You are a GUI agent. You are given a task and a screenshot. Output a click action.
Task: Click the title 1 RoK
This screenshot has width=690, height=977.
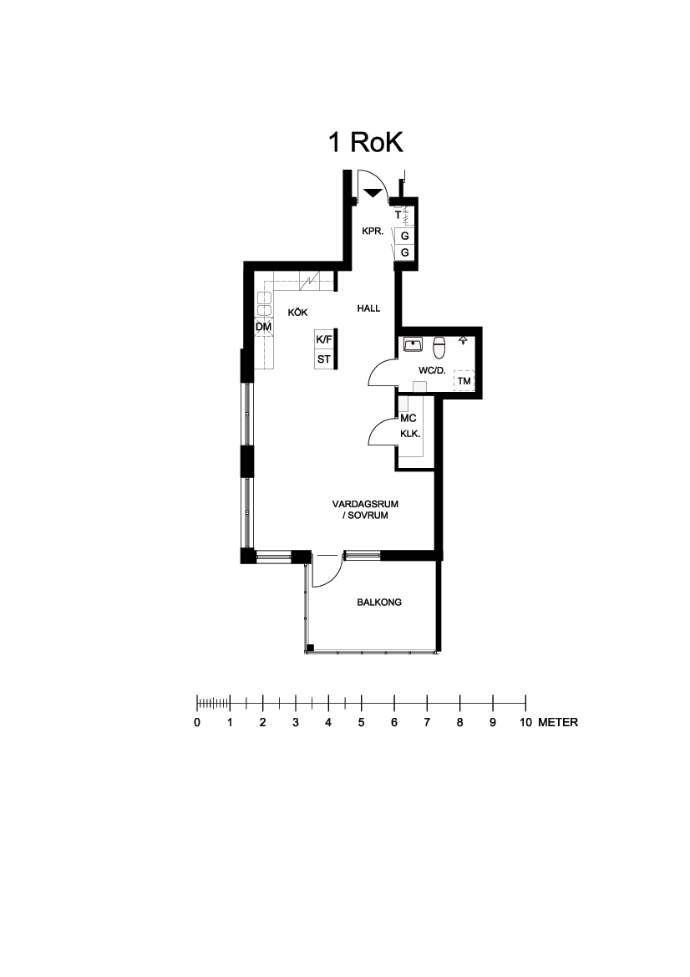366,143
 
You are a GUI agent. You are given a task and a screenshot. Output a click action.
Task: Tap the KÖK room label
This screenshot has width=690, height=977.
297,313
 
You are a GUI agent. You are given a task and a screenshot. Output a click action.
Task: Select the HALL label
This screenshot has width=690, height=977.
368,308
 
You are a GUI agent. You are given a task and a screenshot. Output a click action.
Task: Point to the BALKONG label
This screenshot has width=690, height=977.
379,603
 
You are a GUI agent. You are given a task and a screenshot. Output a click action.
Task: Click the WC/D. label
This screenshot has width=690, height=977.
432,371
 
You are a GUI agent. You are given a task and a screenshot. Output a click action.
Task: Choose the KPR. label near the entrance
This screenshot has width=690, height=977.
373,232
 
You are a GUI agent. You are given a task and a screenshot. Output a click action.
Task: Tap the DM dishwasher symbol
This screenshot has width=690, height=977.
263,327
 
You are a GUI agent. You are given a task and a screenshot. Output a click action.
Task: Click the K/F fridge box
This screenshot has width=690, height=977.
324,339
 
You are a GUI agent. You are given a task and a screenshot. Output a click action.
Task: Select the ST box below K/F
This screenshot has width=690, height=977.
324,359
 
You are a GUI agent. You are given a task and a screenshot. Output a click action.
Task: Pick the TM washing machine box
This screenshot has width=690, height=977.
464,381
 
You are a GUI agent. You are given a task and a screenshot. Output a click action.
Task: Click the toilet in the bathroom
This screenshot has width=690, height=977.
439,348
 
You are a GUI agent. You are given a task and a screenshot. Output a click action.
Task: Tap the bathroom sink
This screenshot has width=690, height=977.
413,344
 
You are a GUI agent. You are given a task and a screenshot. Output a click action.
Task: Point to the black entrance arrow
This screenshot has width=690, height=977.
373,193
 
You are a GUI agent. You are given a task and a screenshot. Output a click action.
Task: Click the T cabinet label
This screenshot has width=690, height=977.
398,215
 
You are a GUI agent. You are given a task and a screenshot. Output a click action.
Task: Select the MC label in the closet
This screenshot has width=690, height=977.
408,419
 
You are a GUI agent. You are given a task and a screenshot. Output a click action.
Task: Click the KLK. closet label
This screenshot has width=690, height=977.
410,435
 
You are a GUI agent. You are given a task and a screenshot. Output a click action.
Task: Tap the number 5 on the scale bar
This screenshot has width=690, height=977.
361,723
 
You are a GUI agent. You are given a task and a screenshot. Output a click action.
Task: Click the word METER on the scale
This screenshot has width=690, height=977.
558,723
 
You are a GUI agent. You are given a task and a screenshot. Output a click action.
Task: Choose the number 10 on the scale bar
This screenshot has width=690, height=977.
525,723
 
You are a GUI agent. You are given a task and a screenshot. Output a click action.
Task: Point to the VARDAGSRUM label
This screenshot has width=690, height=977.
365,504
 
